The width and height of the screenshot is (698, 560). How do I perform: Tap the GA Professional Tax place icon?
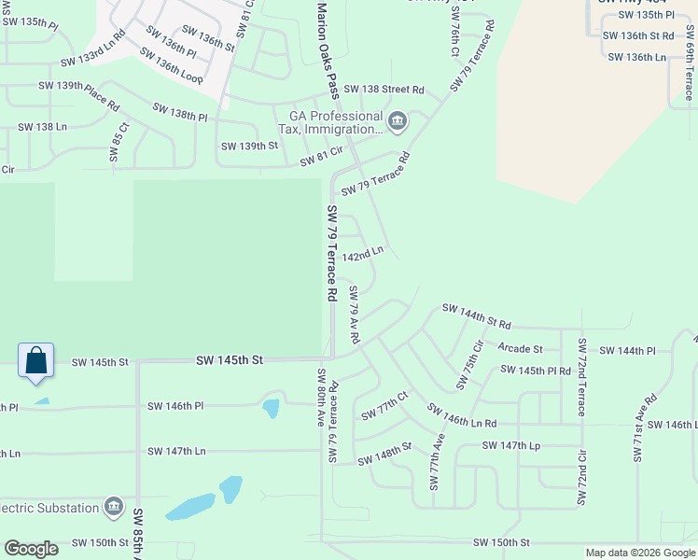pos(398,121)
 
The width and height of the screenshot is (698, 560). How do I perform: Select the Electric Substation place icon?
pos(114,507)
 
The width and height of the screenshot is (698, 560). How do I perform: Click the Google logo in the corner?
pos(31,549)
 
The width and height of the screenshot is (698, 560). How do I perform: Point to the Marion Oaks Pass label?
pos(328,49)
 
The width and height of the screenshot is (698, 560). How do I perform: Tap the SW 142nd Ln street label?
pos(363,254)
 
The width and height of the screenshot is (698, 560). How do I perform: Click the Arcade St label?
pos(520,349)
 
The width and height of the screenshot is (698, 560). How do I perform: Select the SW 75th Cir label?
pos(470,365)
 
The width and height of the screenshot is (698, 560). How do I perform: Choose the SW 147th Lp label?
pos(511,446)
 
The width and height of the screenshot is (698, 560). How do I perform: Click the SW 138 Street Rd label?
pos(384,90)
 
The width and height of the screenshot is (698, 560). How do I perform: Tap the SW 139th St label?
pos(249,147)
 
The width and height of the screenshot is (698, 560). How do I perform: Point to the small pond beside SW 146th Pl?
pos(271,408)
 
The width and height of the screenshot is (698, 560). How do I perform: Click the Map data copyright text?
pos(640,553)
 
